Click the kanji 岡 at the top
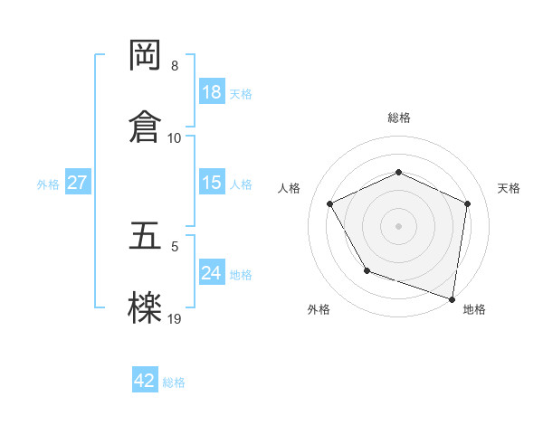pos(146,56)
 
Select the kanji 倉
pos(146,125)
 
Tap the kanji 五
pos(146,236)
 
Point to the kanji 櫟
pos(146,307)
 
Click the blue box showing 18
pos(212,92)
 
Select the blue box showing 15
pos(212,183)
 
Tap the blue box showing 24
pos(212,273)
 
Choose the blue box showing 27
pos(77,183)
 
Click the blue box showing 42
pos(145,381)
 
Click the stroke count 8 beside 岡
pos(175,66)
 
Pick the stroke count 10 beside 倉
pos(175,137)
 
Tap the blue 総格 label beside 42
pos(174,382)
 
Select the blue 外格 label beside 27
pos(48,184)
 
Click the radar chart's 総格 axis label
pos(399,118)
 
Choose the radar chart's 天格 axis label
pos(509,188)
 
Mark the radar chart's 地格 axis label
pos(474,309)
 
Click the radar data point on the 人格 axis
pos(330,203)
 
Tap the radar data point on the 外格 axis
pos(367,270)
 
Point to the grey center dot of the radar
pos(399,225)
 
